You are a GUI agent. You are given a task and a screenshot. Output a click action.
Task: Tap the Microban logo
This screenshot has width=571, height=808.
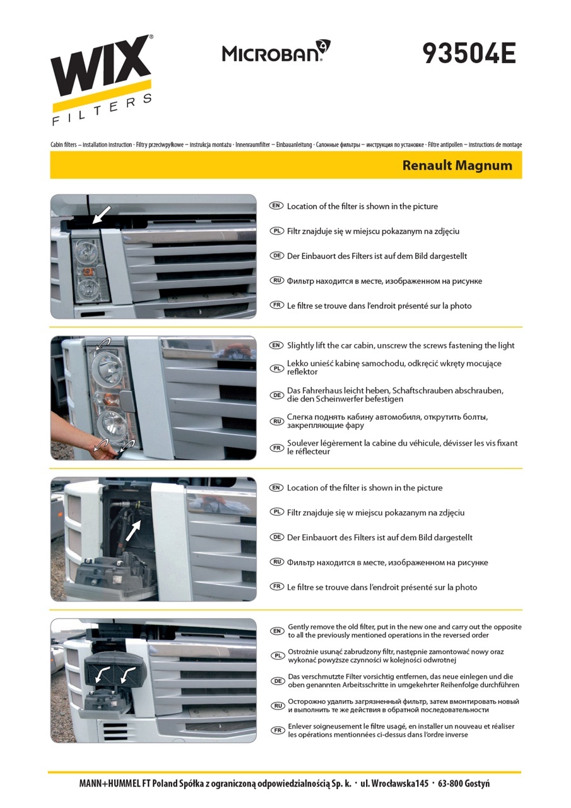click(x=276, y=51)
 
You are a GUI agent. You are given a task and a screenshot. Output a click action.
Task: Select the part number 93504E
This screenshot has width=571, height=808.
click(x=469, y=54)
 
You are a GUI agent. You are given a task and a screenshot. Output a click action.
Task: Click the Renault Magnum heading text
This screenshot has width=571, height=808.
click(x=457, y=165)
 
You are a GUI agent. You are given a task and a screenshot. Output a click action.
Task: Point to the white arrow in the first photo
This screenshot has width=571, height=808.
click(x=102, y=215)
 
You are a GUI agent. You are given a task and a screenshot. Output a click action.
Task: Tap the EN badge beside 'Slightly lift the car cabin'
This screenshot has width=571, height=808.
click(x=276, y=345)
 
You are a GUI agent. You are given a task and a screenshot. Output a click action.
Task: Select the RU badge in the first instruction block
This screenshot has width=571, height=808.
click(x=276, y=281)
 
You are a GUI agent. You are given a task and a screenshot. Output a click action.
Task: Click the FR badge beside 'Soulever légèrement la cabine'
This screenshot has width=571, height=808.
click(x=276, y=448)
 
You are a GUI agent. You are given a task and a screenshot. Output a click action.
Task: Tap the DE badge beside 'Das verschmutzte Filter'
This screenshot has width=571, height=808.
click(x=277, y=681)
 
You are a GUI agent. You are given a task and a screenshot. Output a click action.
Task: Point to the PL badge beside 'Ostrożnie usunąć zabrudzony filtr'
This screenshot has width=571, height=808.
click(x=277, y=656)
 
